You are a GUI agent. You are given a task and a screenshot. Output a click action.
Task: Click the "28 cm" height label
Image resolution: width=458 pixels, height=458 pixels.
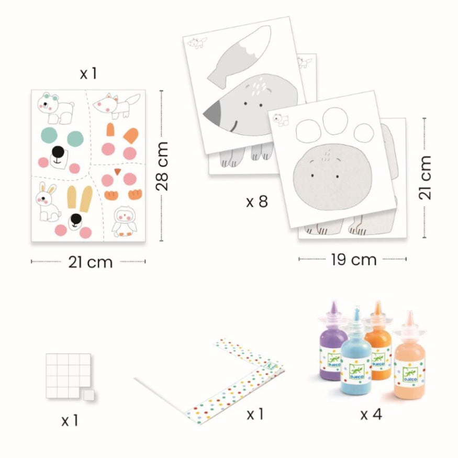[162, 166]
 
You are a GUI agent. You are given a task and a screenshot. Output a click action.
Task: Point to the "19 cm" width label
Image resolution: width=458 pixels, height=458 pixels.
[354, 260]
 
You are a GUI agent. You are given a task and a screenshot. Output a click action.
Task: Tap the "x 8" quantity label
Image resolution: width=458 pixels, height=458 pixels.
[257, 201]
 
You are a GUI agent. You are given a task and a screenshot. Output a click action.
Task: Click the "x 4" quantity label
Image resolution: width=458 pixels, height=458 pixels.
[371, 414]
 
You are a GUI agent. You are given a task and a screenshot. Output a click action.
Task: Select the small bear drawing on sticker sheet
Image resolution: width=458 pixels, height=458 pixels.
[55, 108]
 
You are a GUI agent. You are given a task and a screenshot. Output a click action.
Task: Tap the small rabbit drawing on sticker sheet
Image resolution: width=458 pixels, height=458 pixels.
[48, 202]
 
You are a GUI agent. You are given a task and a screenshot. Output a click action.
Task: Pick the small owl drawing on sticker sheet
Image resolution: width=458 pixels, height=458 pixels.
[125, 221]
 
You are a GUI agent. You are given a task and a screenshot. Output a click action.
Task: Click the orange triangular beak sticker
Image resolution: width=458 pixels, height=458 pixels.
[118, 172]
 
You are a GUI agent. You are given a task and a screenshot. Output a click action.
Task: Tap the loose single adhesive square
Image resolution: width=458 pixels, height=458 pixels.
[88, 395]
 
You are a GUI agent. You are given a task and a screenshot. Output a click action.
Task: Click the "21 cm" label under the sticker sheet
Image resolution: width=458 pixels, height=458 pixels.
[91, 262]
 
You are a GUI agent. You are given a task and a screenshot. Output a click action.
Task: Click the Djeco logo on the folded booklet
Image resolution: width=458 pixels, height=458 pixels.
[270, 366]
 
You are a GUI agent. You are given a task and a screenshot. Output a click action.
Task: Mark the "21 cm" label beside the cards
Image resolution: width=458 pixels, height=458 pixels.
[425, 178]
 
